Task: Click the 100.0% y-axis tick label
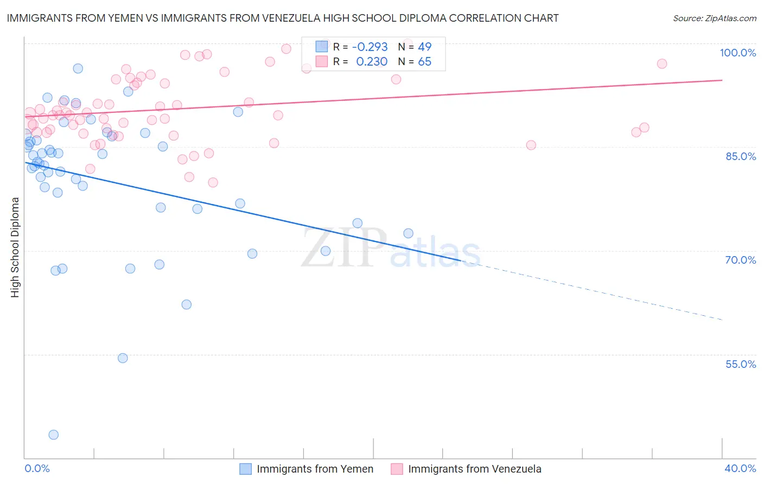(x=737, y=53)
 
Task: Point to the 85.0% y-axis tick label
(x=740, y=156)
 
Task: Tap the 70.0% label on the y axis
(x=740, y=260)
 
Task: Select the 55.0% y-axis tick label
(x=740, y=364)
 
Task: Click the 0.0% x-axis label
(x=37, y=468)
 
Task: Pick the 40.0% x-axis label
(x=740, y=468)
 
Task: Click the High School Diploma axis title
(x=15, y=247)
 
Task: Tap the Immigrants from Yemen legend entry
(x=315, y=469)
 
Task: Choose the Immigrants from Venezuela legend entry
(x=474, y=469)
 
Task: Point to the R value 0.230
(x=371, y=62)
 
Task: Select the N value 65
(x=424, y=62)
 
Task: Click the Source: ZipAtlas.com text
(x=714, y=18)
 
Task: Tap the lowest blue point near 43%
(x=53, y=435)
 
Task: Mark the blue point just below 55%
(x=123, y=358)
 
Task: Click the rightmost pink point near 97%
(x=662, y=63)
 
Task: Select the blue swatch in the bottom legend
(x=245, y=469)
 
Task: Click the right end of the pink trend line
(x=722, y=80)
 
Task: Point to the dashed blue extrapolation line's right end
(x=722, y=320)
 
